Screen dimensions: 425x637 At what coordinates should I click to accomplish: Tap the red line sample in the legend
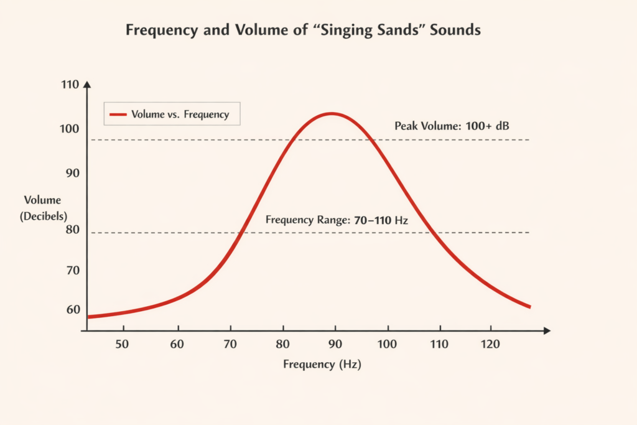click(118, 114)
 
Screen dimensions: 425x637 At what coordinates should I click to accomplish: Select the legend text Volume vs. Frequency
click(180, 114)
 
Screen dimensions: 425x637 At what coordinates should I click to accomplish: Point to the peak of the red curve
click(332, 113)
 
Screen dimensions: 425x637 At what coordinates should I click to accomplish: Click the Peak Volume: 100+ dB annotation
click(452, 126)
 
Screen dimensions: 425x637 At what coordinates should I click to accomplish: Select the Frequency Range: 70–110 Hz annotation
click(336, 220)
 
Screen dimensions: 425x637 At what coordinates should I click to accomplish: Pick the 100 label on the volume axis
click(70, 129)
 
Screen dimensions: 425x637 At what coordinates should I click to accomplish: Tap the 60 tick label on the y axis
click(73, 309)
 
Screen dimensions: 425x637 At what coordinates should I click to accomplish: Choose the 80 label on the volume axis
click(73, 230)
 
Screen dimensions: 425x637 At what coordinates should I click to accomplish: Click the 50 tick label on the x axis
click(123, 344)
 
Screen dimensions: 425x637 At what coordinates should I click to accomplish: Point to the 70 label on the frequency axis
click(231, 344)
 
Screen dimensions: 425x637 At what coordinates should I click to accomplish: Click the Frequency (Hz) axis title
click(322, 365)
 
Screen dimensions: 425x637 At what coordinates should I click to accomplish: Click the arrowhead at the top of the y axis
click(87, 83)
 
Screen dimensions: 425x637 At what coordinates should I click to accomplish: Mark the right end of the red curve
click(529, 307)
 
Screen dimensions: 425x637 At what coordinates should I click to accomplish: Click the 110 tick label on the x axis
click(440, 344)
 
